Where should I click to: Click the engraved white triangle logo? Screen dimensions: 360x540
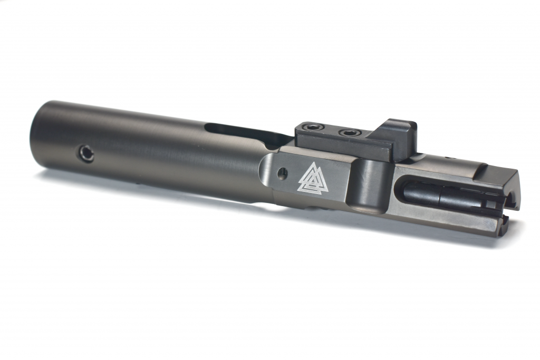click(313, 178)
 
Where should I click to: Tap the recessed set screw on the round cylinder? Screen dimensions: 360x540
click(87, 153)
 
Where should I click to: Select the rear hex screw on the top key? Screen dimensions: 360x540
click(309, 127)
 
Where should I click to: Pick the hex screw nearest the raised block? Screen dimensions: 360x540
click(349, 133)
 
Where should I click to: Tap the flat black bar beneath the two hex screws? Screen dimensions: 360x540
click(337, 141)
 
